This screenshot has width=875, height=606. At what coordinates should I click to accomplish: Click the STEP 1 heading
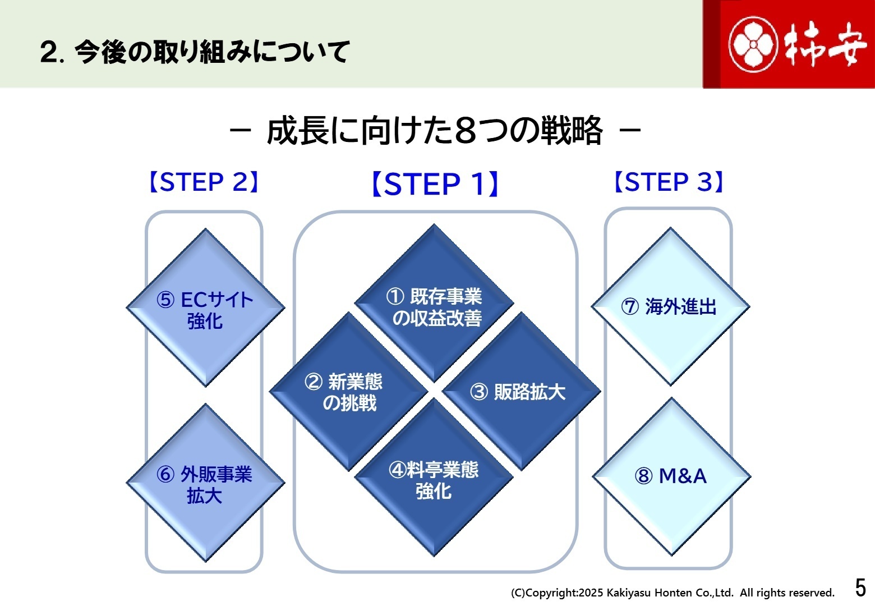click(x=435, y=184)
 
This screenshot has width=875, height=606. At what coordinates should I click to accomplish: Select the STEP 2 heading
click(x=204, y=182)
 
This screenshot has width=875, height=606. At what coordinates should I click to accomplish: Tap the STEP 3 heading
click(x=669, y=182)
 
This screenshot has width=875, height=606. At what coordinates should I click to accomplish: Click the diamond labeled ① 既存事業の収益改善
click(x=434, y=307)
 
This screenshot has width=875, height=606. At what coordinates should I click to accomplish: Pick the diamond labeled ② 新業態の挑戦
click(x=348, y=392)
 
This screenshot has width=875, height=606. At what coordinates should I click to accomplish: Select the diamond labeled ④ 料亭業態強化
click(x=434, y=480)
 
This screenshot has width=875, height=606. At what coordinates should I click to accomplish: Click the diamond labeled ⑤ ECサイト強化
click(x=205, y=309)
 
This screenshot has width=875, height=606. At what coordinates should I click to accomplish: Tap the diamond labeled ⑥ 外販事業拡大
click(x=205, y=484)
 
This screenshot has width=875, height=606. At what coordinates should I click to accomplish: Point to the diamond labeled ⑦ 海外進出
click(x=670, y=307)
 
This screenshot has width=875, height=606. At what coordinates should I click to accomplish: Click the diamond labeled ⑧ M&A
click(x=671, y=476)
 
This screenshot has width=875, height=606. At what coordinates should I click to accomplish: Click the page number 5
click(x=860, y=588)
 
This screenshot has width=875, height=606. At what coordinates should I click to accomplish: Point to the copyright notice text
click(x=672, y=593)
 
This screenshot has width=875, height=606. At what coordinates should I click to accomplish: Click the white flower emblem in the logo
click(x=753, y=44)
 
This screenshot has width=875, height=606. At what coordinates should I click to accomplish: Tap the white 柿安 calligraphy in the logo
click(x=825, y=44)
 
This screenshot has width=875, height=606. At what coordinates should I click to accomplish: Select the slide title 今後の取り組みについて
click(x=195, y=52)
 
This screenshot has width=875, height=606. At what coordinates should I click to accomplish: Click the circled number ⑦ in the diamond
click(x=630, y=307)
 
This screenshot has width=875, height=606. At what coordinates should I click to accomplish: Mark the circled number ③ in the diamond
click(x=479, y=392)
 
